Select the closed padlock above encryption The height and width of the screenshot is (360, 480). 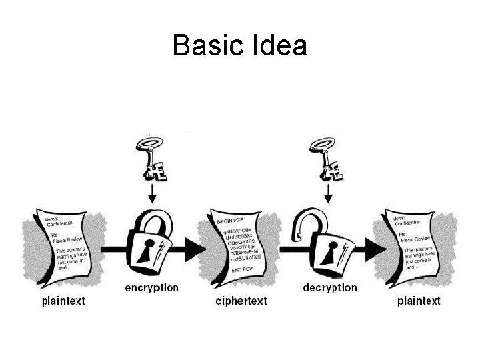152,243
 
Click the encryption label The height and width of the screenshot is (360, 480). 152,288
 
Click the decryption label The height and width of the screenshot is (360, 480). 330,288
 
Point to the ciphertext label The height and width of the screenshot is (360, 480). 241,301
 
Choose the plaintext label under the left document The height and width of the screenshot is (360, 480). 63,301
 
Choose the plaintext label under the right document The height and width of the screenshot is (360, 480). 419,301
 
